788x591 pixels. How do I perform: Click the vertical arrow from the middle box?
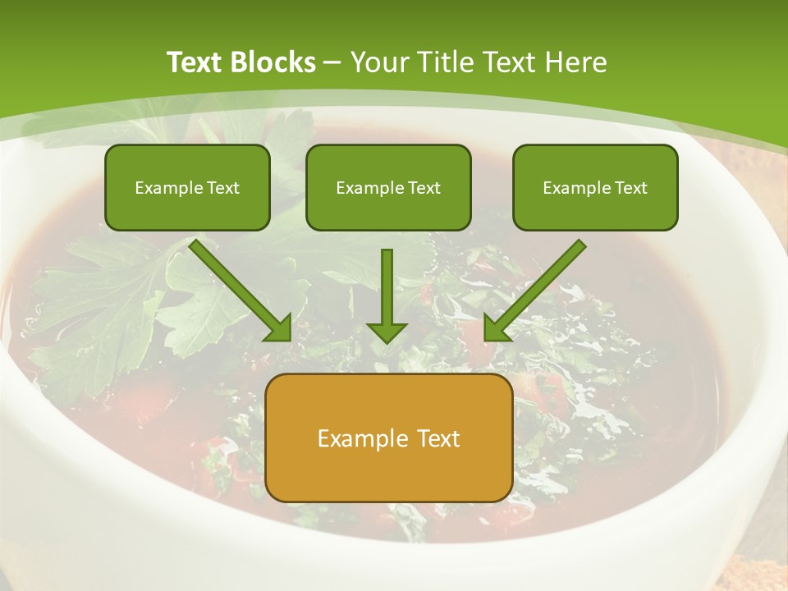387,287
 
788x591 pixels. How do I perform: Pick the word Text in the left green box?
223,188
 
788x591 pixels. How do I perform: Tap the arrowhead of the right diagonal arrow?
496,328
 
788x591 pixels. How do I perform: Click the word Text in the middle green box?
424,188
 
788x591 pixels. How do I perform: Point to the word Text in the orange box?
438,438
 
